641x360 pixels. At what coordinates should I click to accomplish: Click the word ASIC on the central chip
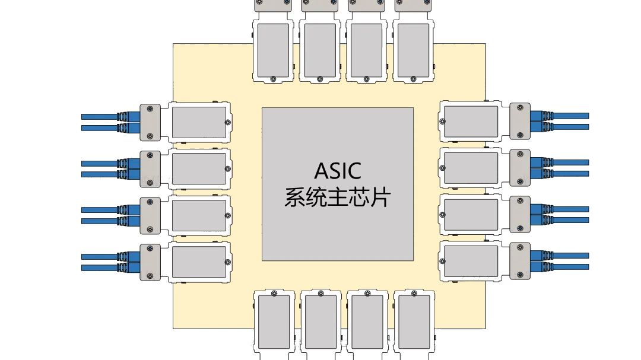coord(337,171)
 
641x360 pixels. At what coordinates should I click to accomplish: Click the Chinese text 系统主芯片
coord(337,197)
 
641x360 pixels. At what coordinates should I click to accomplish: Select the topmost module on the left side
coord(199,122)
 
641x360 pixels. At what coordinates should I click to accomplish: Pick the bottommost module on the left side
coord(199,263)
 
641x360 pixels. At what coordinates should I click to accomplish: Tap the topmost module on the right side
coord(471,122)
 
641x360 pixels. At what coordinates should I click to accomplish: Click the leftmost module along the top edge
coord(273,50)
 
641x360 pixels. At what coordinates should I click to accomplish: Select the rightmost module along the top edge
coord(414,50)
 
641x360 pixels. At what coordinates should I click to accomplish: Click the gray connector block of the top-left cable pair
coord(150,122)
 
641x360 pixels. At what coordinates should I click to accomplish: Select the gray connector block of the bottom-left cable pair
coord(150,263)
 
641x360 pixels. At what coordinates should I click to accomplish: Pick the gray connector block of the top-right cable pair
coord(519,122)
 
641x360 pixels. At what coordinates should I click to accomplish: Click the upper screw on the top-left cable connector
coord(150,109)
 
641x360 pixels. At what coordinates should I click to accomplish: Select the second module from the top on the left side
coord(199,169)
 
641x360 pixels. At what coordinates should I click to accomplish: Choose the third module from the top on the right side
coord(471,215)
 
